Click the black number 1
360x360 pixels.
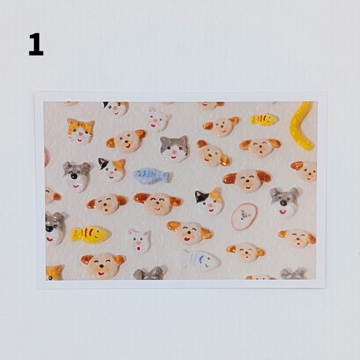point(36,44)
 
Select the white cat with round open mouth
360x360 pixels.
point(139,241)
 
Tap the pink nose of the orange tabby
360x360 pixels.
point(80,134)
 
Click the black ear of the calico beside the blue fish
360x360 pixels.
point(102,163)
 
